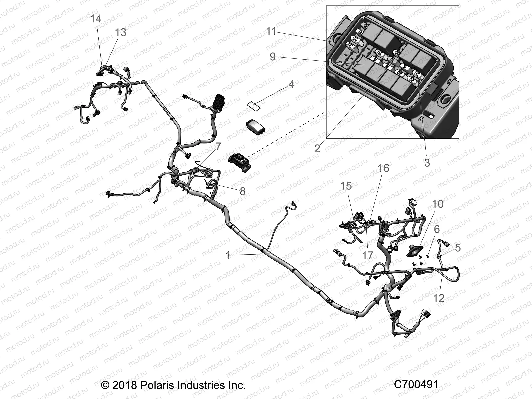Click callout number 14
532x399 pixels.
(96, 19)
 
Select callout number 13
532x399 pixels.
(121, 33)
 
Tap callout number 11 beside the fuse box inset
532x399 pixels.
(271, 32)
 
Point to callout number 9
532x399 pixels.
(273, 57)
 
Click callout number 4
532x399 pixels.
(291, 84)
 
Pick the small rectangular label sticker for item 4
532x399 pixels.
(254, 106)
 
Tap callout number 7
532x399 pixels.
(218, 146)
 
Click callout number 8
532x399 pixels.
(242, 191)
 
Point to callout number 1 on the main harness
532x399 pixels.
(228, 255)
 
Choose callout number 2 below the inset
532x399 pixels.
(317, 148)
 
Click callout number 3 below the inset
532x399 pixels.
(427, 163)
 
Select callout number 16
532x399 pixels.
(383, 168)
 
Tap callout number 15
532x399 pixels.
(346, 186)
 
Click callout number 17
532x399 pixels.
(368, 255)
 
